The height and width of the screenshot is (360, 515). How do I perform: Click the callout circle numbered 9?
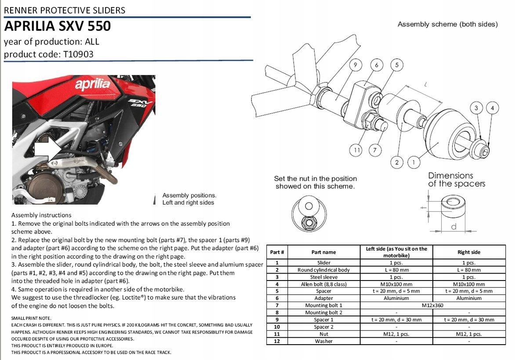pos(355,65)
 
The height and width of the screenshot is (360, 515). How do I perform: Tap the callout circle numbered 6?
pos(376,65)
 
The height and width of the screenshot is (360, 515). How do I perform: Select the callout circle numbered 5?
pos(397,65)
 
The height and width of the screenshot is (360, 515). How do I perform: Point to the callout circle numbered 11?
pos(357,151)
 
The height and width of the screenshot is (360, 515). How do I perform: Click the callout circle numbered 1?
pos(413,162)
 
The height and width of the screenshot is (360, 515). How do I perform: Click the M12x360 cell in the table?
pos(433,305)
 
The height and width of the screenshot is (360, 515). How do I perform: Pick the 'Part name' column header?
pos(323,252)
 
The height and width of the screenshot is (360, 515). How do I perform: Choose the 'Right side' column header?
pos(469,252)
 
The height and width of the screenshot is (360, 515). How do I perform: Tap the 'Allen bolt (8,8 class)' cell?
pos(323,284)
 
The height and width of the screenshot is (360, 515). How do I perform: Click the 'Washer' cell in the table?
pos(323,341)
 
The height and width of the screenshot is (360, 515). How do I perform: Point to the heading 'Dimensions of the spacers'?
pos(456,180)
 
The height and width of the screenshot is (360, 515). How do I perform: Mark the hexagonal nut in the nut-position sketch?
pos(309,222)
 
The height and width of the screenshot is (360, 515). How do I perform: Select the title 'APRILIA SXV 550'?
pos(58,26)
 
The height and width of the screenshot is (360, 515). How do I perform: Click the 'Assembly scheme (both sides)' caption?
pos(447,24)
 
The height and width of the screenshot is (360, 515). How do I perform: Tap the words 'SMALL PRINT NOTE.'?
pos(31,318)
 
